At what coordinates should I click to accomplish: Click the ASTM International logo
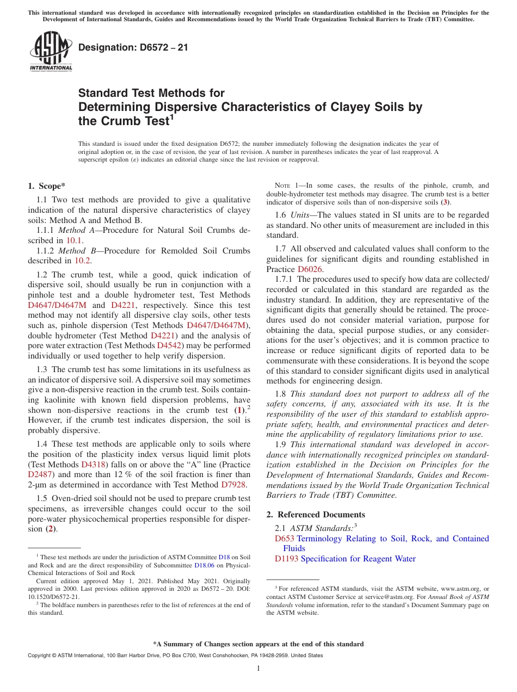pos(51,51)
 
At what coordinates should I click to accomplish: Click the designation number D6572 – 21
pos(133,47)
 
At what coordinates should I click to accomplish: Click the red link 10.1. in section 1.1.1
pos(75,240)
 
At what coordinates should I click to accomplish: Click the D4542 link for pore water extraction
pos(168,345)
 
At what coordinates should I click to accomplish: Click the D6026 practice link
pos(310,269)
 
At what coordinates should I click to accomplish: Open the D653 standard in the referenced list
pos(285,539)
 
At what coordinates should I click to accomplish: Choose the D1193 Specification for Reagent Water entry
pos(345,559)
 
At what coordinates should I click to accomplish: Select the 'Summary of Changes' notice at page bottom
pos(258,644)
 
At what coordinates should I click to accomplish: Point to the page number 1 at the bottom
pos(258,669)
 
